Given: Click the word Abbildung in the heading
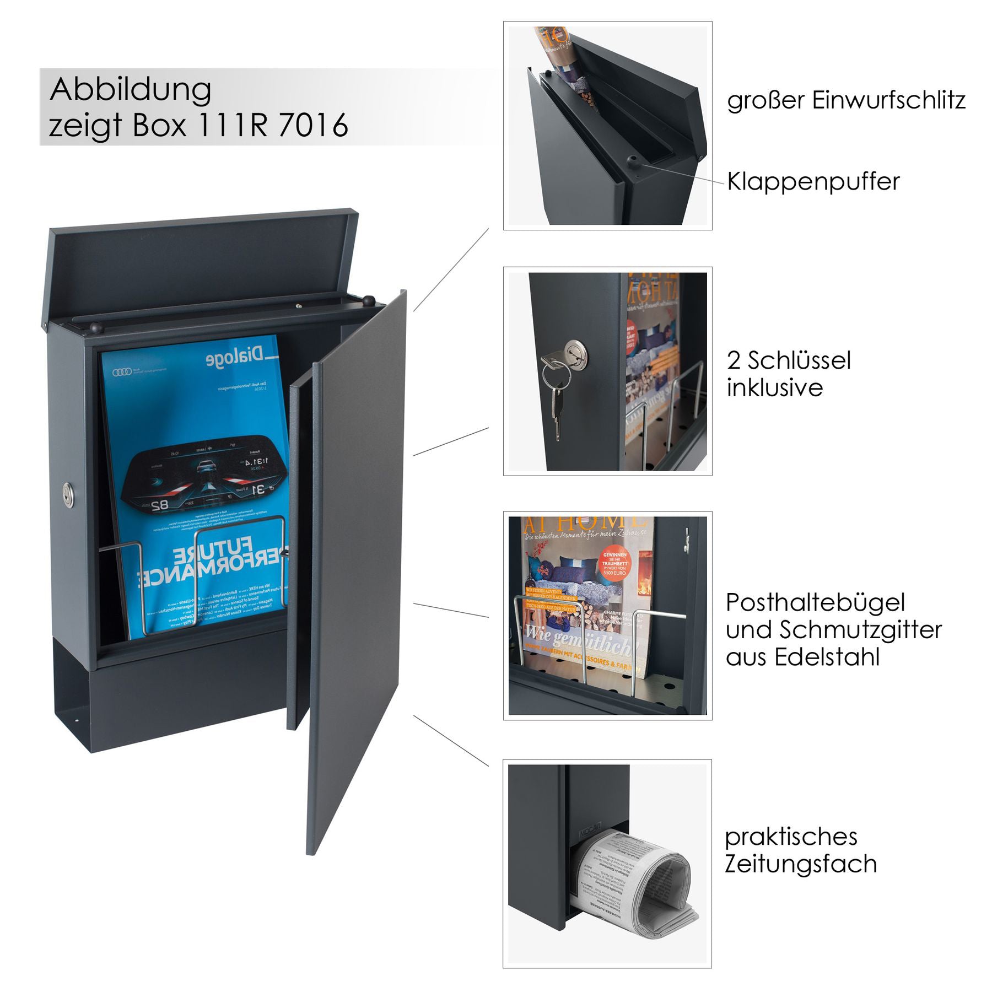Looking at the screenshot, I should [131, 90].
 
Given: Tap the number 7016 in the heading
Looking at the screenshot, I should [314, 125].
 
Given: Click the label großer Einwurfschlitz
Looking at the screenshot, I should [846, 100].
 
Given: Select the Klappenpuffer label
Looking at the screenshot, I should [813, 181].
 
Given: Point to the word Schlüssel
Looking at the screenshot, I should [799, 360].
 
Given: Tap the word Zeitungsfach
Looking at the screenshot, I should [800, 864].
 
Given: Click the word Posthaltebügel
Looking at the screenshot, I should [815, 602].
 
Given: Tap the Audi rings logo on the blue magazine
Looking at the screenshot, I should [122, 373].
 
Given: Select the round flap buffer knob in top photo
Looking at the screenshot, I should [632, 161].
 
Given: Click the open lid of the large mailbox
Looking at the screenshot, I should [204, 265].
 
